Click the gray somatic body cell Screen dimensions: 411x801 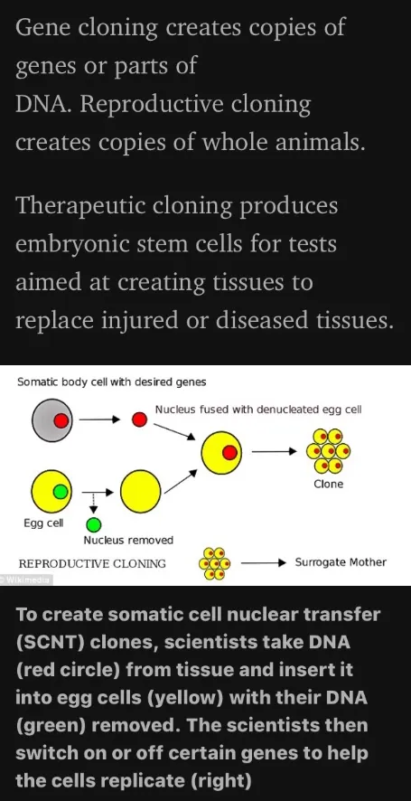(52, 420)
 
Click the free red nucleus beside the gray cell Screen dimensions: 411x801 (139, 420)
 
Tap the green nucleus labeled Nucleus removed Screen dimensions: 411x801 (93, 524)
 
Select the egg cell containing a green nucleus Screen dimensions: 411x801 (52, 492)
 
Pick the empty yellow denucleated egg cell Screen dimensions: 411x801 (141, 492)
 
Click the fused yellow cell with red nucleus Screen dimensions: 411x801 (221, 452)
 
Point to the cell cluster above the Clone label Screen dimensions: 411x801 (328, 451)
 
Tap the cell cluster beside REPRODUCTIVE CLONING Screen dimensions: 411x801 (214, 563)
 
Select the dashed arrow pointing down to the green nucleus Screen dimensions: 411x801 (93, 503)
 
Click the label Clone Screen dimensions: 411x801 (328, 485)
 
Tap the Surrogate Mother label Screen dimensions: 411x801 (341, 562)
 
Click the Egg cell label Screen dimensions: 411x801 (43, 523)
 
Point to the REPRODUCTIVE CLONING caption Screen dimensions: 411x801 (92, 564)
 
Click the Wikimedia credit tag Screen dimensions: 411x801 (25, 580)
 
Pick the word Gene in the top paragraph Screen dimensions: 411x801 (42, 28)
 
